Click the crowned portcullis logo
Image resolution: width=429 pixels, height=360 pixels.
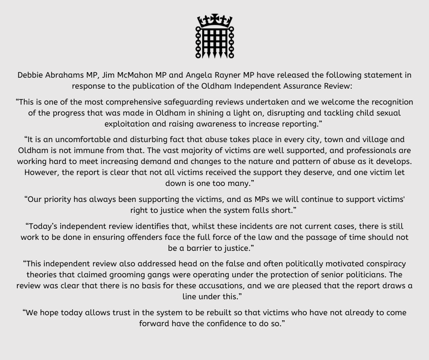coord(214,37)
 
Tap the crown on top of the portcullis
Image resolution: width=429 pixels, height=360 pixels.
coord(214,21)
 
